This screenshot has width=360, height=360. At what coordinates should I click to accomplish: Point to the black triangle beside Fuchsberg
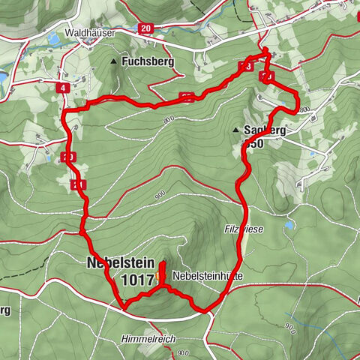coord(114,61)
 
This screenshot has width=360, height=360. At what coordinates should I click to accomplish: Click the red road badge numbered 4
coord(62,88)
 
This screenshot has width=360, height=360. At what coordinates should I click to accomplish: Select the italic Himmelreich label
coord(148,339)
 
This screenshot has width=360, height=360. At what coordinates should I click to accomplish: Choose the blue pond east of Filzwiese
coord(289,223)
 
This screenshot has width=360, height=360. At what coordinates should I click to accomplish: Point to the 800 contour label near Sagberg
coord(303,110)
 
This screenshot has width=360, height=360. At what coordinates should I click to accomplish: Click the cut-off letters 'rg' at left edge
coord(4,310)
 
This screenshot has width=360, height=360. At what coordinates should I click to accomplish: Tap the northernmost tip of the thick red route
coord(265,49)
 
